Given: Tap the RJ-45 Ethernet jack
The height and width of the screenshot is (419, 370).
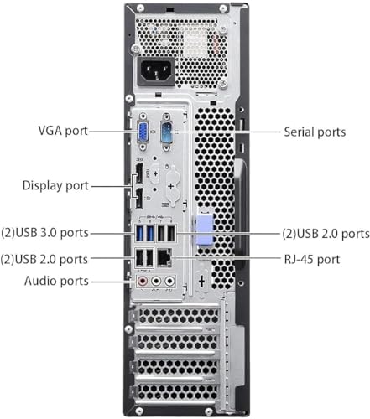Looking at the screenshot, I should (x=165, y=259).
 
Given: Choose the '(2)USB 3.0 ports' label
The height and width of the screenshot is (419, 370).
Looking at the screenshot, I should (x=44, y=232).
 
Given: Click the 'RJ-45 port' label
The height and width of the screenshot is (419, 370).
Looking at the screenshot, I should (x=311, y=259).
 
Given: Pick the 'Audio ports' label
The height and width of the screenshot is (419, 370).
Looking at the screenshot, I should (x=56, y=282).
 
